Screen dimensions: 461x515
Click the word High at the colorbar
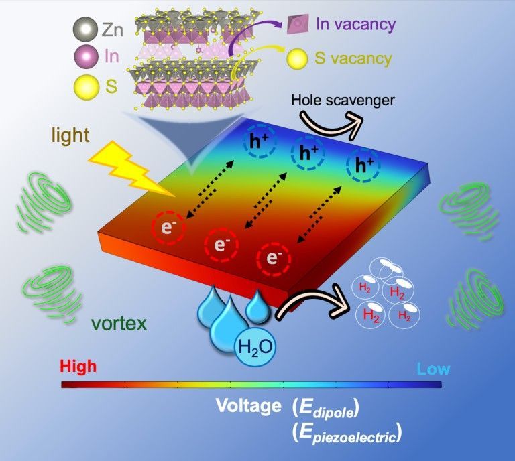(x=78, y=367)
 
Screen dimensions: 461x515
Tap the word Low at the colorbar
(x=433, y=369)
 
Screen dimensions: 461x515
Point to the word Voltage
(x=248, y=406)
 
